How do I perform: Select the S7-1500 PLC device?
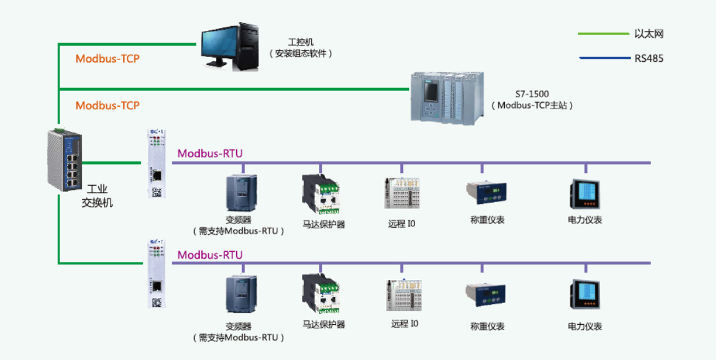coord(448,97)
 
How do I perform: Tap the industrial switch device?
coord(64,161)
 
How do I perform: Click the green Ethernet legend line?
coord(603,34)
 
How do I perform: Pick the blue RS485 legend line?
coord(604,59)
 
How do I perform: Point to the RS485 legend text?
coord(649,59)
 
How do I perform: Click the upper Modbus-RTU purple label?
coord(210,154)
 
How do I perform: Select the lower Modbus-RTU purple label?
coord(210,255)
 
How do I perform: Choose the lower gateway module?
coord(157,273)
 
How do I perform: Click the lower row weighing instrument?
coord(485,296)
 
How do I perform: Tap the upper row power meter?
coord(585,194)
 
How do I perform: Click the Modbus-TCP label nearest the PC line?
coord(107,59)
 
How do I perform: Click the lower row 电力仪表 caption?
coord(585,327)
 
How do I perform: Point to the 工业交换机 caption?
coord(97,195)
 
